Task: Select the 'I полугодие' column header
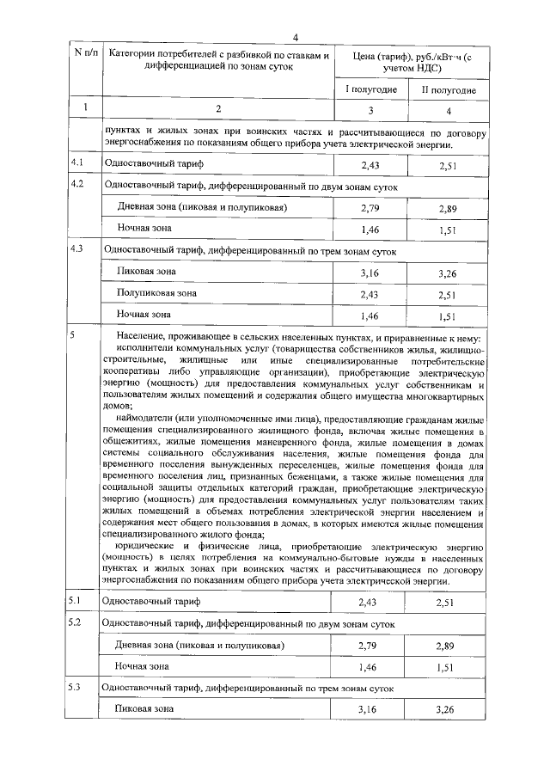click(x=370, y=89)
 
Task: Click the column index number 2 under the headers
click(x=218, y=109)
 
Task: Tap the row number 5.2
click(x=76, y=622)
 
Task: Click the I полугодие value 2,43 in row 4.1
click(x=370, y=164)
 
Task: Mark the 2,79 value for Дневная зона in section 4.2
click(x=370, y=208)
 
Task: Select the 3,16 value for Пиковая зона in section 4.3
click(x=370, y=273)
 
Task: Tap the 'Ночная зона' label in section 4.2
click(x=144, y=229)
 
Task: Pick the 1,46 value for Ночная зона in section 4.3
click(x=370, y=316)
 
